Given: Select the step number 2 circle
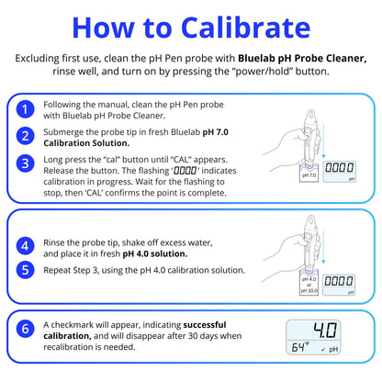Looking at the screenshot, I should (x=27, y=136).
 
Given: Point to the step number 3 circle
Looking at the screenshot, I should (x=27, y=163).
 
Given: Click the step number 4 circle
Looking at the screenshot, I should (x=27, y=245).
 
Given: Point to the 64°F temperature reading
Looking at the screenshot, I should (x=301, y=348).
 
